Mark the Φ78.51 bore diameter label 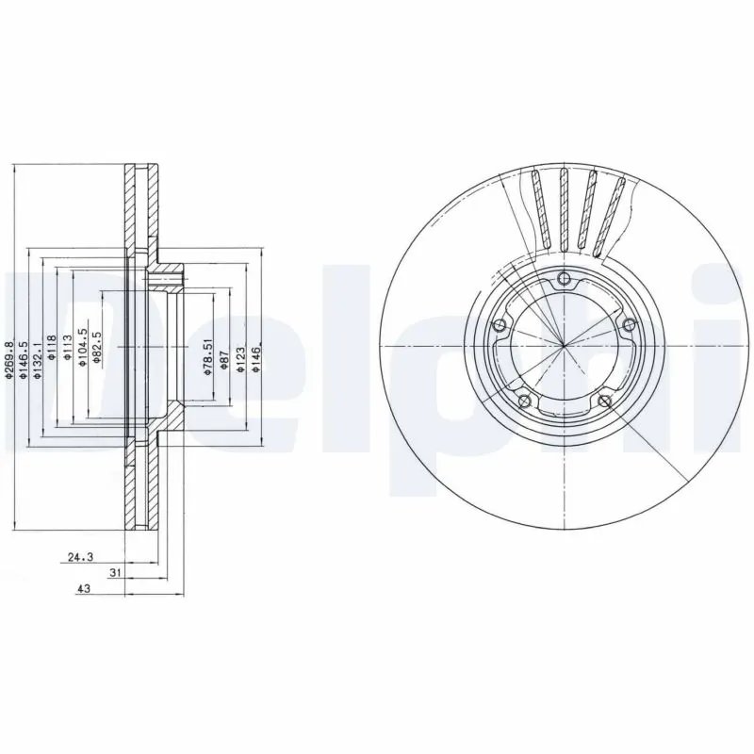click(x=208, y=359)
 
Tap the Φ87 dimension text click(x=223, y=362)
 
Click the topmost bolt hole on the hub click(x=564, y=278)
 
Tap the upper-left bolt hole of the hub click(x=500, y=326)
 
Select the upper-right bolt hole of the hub click(x=628, y=325)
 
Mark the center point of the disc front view click(x=564, y=347)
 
